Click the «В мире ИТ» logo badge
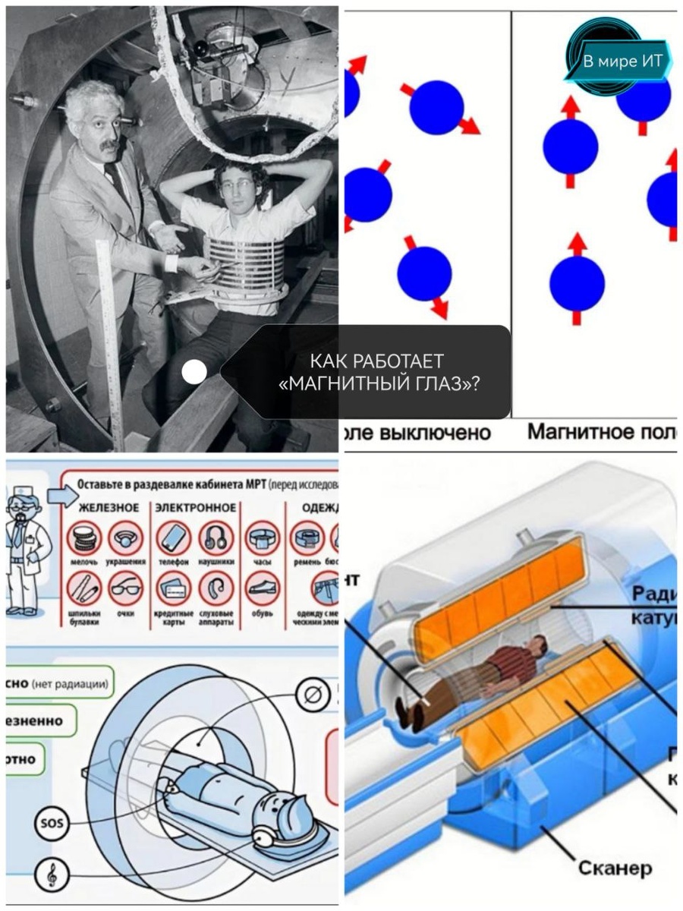point(618,61)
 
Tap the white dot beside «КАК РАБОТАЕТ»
point(194,371)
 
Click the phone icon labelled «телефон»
point(174,538)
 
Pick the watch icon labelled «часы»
point(263,538)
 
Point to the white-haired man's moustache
point(108,145)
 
